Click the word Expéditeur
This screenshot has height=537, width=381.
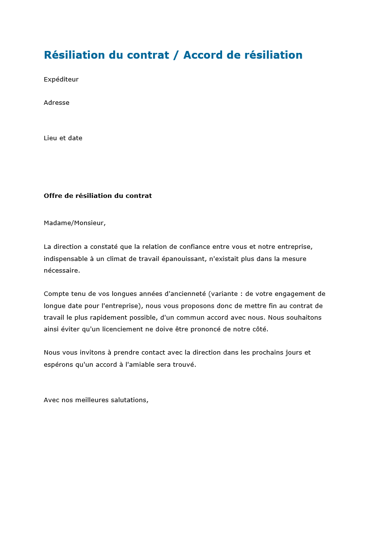pos(61,80)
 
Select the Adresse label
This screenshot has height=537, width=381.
pos(56,103)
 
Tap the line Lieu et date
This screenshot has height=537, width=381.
pos(63,138)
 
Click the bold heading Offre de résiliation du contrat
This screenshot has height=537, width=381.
pos(98,196)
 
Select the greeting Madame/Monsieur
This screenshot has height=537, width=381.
pos(74,223)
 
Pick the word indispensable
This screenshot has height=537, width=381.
pos(66,259)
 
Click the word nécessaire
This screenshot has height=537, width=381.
pos(61,271)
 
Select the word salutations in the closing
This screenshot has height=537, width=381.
pos(127,400)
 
